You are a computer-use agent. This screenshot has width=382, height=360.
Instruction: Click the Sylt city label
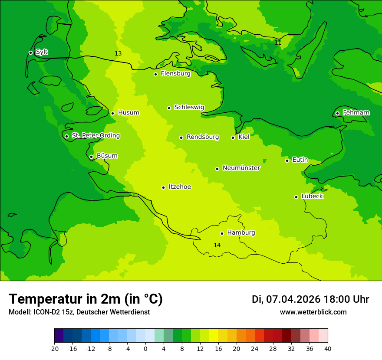point(42,52)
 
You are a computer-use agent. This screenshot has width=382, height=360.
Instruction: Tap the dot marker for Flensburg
point(155,74)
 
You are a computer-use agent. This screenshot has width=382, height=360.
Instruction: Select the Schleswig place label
point(189,107)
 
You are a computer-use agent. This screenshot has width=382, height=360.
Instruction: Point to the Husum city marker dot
point(112,113)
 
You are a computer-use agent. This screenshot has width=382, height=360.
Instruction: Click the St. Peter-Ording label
point(95,135)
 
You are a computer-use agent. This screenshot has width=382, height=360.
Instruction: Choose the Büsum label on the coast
point(107,156)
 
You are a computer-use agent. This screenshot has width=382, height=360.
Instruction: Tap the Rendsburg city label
point(202,137)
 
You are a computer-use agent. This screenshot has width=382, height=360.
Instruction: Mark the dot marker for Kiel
point(233,137)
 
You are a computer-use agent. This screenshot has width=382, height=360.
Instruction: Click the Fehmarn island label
point(356,113)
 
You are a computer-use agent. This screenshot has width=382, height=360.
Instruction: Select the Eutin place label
point(300,160)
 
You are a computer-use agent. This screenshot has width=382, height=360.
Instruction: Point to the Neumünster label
point(241,168)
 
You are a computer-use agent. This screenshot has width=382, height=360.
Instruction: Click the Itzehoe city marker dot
point(163,187)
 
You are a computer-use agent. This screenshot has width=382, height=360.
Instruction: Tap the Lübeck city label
point(312,196)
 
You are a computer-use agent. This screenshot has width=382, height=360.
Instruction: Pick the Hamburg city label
point(241,232)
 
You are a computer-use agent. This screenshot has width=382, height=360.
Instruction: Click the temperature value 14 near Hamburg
point(217,245)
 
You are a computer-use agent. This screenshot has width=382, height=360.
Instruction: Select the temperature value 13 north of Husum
point(118,53)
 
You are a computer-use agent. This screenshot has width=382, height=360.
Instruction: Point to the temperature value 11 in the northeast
point(278,43)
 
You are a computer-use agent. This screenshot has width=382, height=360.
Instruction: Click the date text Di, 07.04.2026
point(286,299)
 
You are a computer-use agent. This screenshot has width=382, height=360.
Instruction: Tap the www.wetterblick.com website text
point(313,312)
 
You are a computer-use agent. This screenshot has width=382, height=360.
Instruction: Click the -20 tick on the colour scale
point(54,348)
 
